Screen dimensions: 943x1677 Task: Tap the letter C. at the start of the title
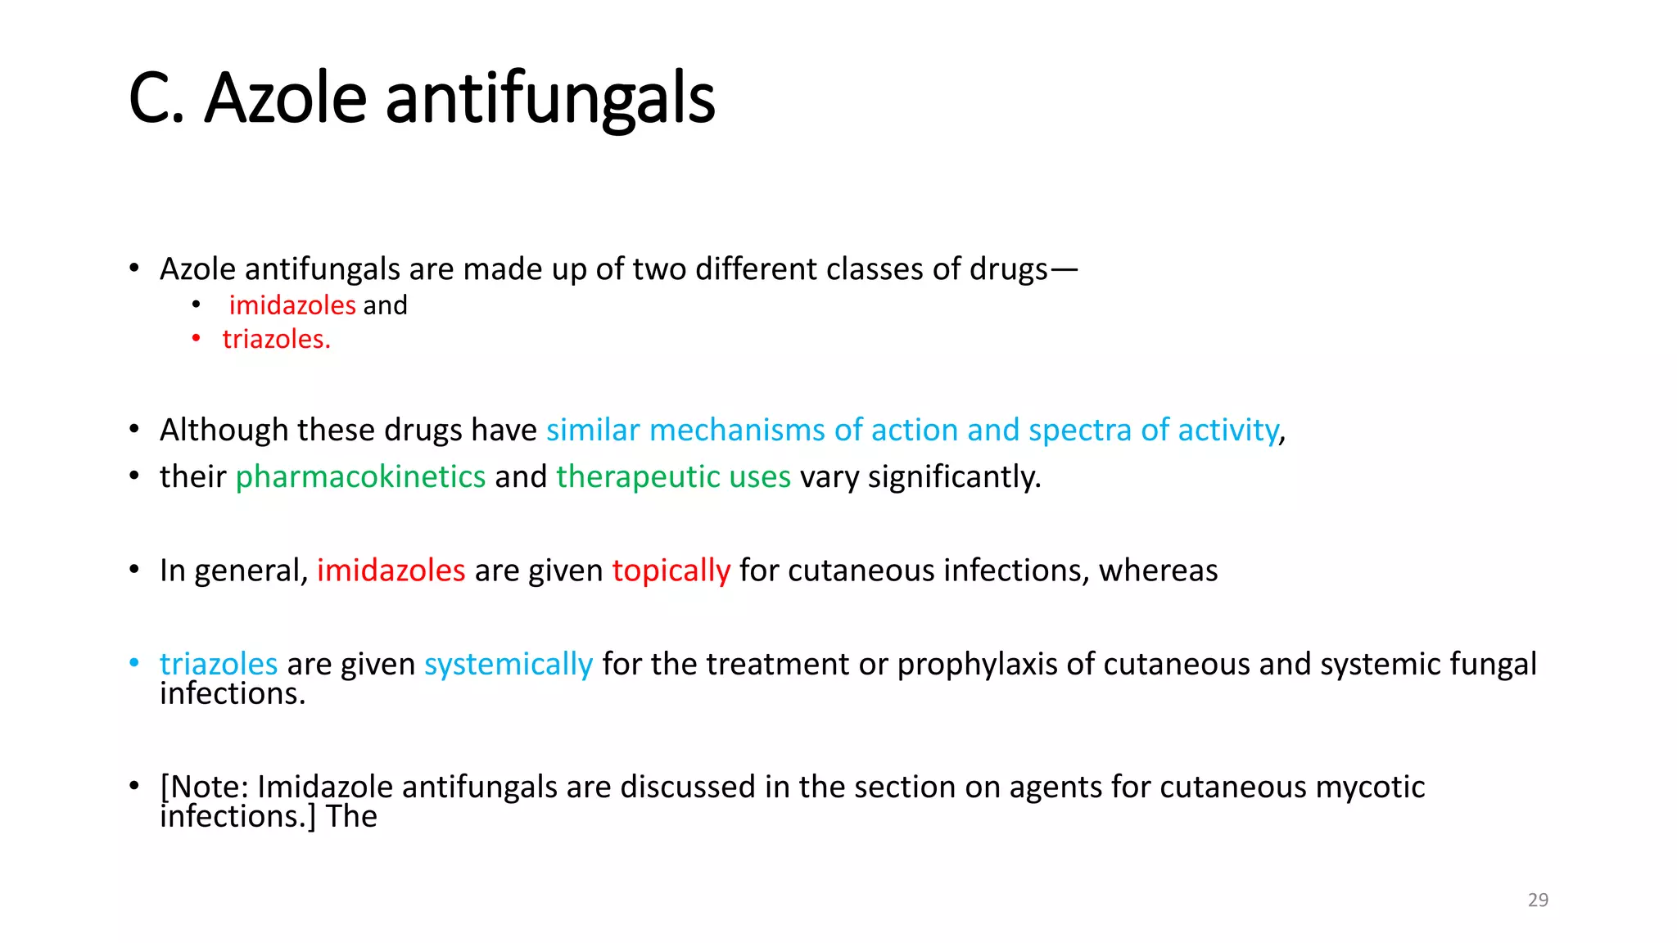pos(156,98)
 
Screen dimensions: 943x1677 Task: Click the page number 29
pos(1538,900)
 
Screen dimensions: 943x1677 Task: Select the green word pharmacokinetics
pos(360,476)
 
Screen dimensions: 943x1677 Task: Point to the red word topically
pos(671,570)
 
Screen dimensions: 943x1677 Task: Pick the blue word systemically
pos(509,664)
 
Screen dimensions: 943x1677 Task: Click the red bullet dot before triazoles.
pos(197,338)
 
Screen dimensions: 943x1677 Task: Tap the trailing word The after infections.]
pos(351,816)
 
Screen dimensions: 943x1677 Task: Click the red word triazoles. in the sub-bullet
pos(276,339)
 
